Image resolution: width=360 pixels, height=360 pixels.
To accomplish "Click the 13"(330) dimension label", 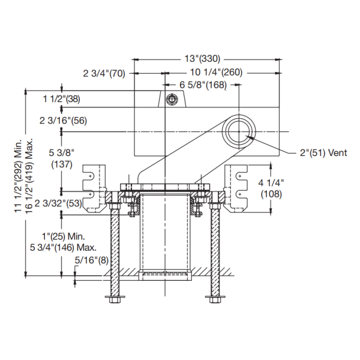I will (x=202, y=59).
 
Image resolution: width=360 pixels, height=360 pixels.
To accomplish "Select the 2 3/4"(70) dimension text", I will (x=103, y=73).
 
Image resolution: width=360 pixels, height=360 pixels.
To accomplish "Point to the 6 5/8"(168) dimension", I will (x=203, y=85).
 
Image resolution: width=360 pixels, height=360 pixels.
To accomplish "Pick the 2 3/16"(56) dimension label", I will (x=63, y=121).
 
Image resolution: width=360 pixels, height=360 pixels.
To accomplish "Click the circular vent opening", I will (x=239, y=129).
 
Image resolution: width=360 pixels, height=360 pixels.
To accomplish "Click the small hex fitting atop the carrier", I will (x=172, y=99).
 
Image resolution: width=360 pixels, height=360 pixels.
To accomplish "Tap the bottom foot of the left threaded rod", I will (x=115, y=300).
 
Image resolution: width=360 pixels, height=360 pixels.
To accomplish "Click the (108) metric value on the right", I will (x=272, y=194).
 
